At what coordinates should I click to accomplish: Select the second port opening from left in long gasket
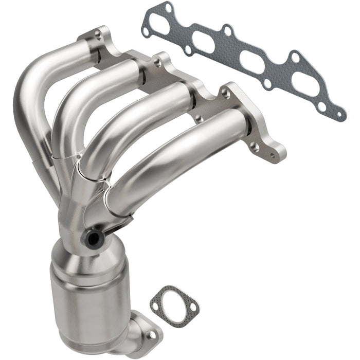point(206,43)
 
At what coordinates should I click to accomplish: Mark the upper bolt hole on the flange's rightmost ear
point(225,93)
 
